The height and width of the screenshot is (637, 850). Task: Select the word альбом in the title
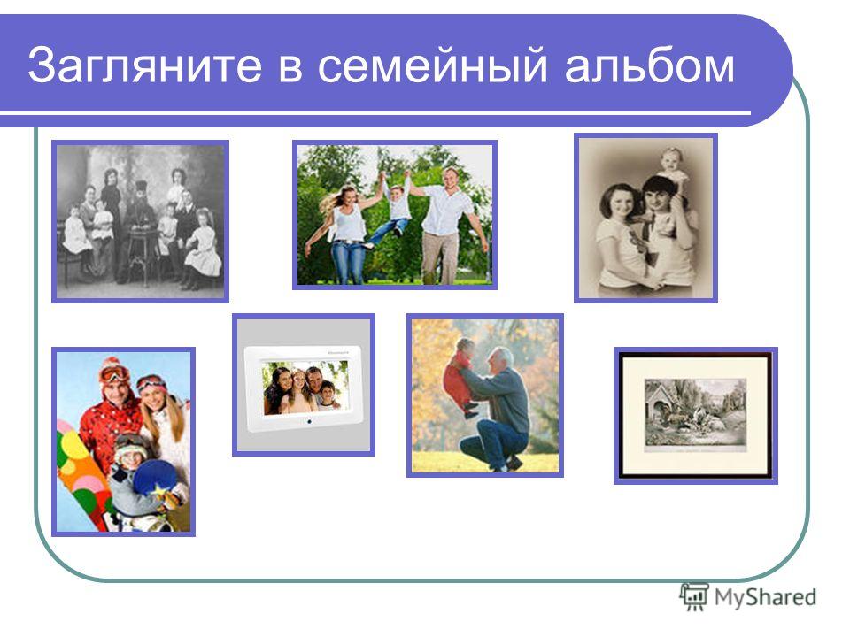[650, 64]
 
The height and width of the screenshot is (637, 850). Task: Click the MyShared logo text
[765, 597]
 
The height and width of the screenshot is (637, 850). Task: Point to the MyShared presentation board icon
[694, 596]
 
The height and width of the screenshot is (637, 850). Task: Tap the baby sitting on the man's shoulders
[673, 165]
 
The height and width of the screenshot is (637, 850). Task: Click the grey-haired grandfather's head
[502, 360]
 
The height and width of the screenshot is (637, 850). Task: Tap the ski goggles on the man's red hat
[112, 373]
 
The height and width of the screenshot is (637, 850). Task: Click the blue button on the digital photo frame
[310, 421]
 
